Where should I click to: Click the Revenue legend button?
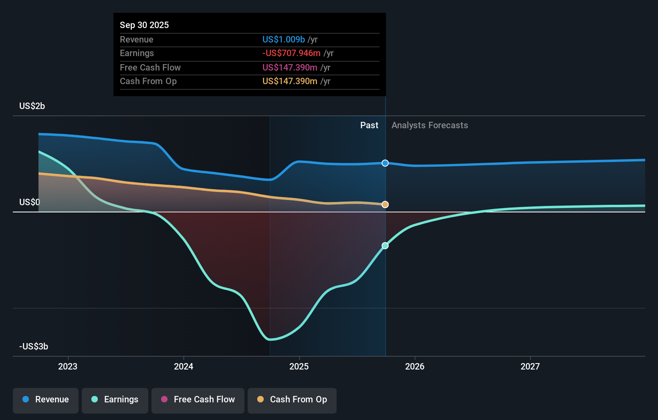point(46,400)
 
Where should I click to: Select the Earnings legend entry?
point(115,400)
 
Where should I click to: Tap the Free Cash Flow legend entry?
point(198,400)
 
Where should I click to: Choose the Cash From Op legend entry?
point(292,400)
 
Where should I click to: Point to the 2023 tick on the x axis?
point(68,366)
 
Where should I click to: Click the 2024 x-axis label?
point(184,366)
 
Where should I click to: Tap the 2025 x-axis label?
point(299,366)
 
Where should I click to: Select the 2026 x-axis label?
point(415,366)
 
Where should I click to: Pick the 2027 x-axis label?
point(530,366)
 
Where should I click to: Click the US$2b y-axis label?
point(32,106)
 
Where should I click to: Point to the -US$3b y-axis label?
point(34,347)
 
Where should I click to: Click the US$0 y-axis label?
point(30,202)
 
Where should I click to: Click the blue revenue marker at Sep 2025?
point(385,163)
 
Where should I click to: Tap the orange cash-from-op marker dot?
point(385,204)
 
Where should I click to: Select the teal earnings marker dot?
point(385,246)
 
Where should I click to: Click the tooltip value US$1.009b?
point(283,39)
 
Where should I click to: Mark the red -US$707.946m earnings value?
point(291,53)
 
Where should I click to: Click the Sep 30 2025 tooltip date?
point(144,25)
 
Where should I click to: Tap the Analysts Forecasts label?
point(430,125)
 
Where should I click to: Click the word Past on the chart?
point(369,125)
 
